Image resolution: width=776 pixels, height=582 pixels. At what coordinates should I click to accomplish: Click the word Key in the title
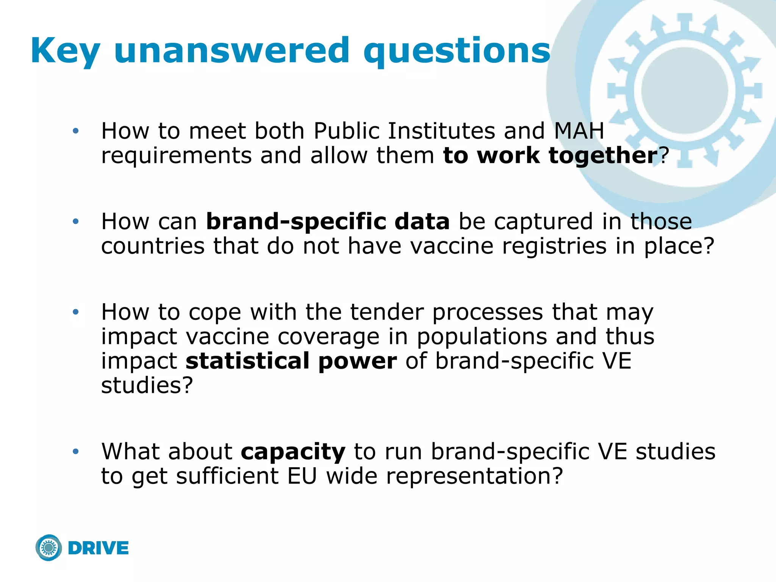coord(65,51)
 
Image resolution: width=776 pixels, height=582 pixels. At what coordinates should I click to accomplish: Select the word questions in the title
coord(457,51)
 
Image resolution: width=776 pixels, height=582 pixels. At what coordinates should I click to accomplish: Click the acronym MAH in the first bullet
coord(579,131)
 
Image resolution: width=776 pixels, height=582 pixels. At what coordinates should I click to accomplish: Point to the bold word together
coord(603,156)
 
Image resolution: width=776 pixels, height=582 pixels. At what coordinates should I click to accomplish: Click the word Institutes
coord(442,131)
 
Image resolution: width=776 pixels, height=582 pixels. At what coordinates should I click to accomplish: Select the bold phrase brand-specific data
coord(328,222)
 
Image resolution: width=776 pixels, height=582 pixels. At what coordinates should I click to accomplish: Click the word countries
coord(153,246)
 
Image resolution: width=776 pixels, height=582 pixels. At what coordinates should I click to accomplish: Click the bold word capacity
coord(293,452)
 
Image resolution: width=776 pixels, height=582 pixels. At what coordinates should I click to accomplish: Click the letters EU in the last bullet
coord(302,476)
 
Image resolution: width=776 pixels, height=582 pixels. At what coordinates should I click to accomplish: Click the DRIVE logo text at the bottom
coord(99,548)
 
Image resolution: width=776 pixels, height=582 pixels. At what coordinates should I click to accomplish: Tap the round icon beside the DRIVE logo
coord(49,548)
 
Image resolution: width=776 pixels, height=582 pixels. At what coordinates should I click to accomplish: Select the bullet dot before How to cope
coord(76,312)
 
